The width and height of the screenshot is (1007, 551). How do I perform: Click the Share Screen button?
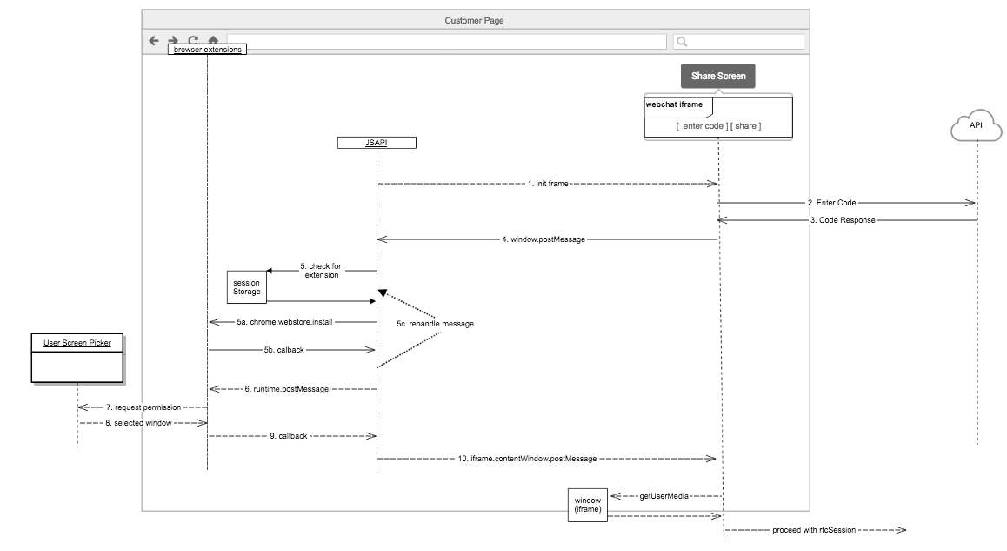718,77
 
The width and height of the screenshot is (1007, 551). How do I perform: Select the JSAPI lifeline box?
377,143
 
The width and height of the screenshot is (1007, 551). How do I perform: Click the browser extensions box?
208,50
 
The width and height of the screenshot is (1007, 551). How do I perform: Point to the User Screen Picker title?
77,343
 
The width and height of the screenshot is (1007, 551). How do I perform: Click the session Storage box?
246,286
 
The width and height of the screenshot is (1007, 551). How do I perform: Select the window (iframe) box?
588,505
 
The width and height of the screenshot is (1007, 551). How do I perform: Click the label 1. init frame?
548,185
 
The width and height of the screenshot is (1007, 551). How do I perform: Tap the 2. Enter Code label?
831,203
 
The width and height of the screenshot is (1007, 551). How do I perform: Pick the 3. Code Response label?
842,221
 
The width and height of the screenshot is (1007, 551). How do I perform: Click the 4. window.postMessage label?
543,239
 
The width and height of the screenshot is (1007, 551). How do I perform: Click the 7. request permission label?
143,407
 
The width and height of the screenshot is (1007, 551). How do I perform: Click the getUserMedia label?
664,496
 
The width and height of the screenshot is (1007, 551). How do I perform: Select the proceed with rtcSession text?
814,530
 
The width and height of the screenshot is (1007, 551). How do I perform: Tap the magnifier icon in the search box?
683,41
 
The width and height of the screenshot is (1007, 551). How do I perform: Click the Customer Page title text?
474,20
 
